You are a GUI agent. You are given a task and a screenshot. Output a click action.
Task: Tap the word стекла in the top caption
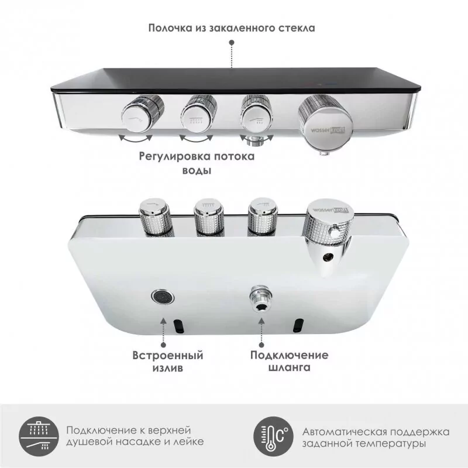click(x=298, y=27)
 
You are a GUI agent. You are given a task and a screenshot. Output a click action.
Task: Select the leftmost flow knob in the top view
click(x=140, y=116)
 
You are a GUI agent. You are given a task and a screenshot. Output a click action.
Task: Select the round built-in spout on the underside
click(x=163, y=297)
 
